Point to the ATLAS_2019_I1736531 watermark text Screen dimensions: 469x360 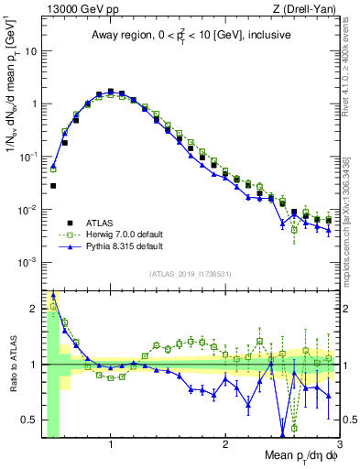click(191, 274)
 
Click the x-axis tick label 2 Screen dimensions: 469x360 click(225, 444)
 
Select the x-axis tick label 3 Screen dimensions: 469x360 click(339, 444)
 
